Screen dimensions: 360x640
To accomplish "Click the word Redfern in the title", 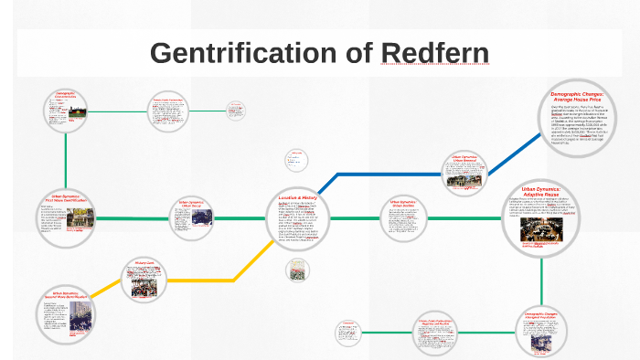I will coord(435,53).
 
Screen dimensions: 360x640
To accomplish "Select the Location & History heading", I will coord(297,197).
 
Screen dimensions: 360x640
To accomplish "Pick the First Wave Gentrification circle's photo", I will coord(80,218).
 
